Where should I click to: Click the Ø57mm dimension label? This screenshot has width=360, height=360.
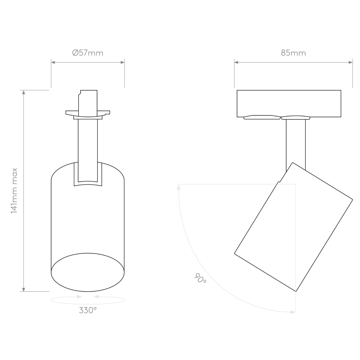point(88,53)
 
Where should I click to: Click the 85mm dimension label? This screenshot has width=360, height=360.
point(293,53)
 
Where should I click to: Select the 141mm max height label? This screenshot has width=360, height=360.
point(14,190)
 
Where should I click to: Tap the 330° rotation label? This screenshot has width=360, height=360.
point(88,310)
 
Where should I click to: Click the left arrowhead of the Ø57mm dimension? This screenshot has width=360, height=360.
point(53,62)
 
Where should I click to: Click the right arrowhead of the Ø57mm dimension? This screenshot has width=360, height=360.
point(123,62)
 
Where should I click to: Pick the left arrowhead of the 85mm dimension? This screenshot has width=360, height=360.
point(236,62)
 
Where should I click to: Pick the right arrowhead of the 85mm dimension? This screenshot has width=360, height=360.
point(351,62)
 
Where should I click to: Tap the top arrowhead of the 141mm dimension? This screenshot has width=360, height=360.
point(23,92)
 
